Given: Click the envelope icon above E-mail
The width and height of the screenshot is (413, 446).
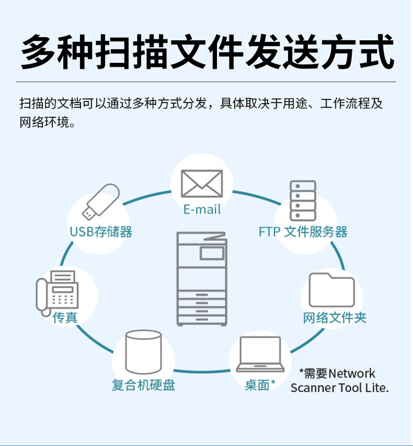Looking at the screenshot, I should (202, 184).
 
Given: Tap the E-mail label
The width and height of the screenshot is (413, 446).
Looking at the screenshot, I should (202, 209).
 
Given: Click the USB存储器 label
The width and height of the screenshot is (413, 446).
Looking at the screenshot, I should (101, 232).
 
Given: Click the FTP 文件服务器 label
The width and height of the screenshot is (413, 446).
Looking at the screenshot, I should (303, 232).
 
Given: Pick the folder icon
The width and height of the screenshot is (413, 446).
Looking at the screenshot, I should (332, 290).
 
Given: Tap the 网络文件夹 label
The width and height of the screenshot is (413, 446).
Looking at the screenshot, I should (335, 318).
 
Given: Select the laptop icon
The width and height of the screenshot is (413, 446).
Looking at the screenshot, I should (260, 354).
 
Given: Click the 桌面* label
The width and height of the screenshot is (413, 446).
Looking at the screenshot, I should (260, 385).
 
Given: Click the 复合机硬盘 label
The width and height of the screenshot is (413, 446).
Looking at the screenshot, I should (143, 385).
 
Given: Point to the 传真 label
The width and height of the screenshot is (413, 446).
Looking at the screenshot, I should (65, 318).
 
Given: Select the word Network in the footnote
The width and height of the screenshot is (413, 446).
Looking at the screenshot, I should (352, 373).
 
